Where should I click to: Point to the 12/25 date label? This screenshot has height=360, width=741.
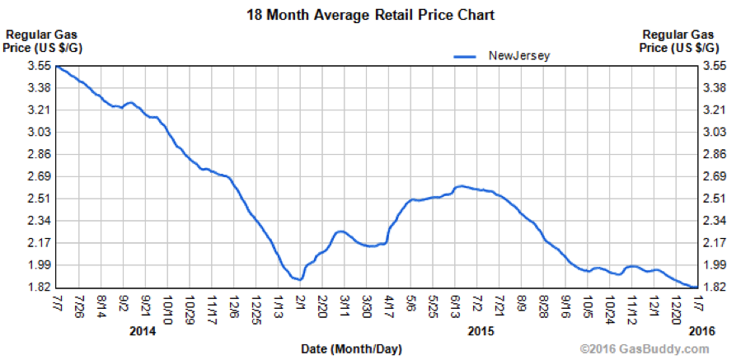click(256, 306)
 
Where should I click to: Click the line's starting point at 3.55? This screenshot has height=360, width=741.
click(58, 67)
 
